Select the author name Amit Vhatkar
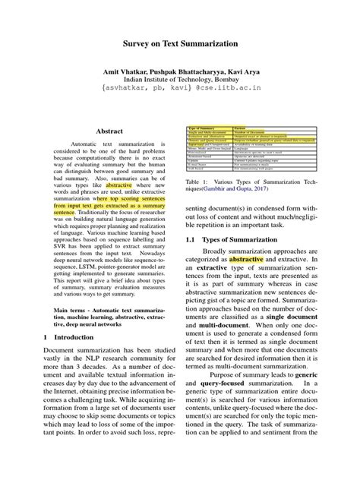126,69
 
